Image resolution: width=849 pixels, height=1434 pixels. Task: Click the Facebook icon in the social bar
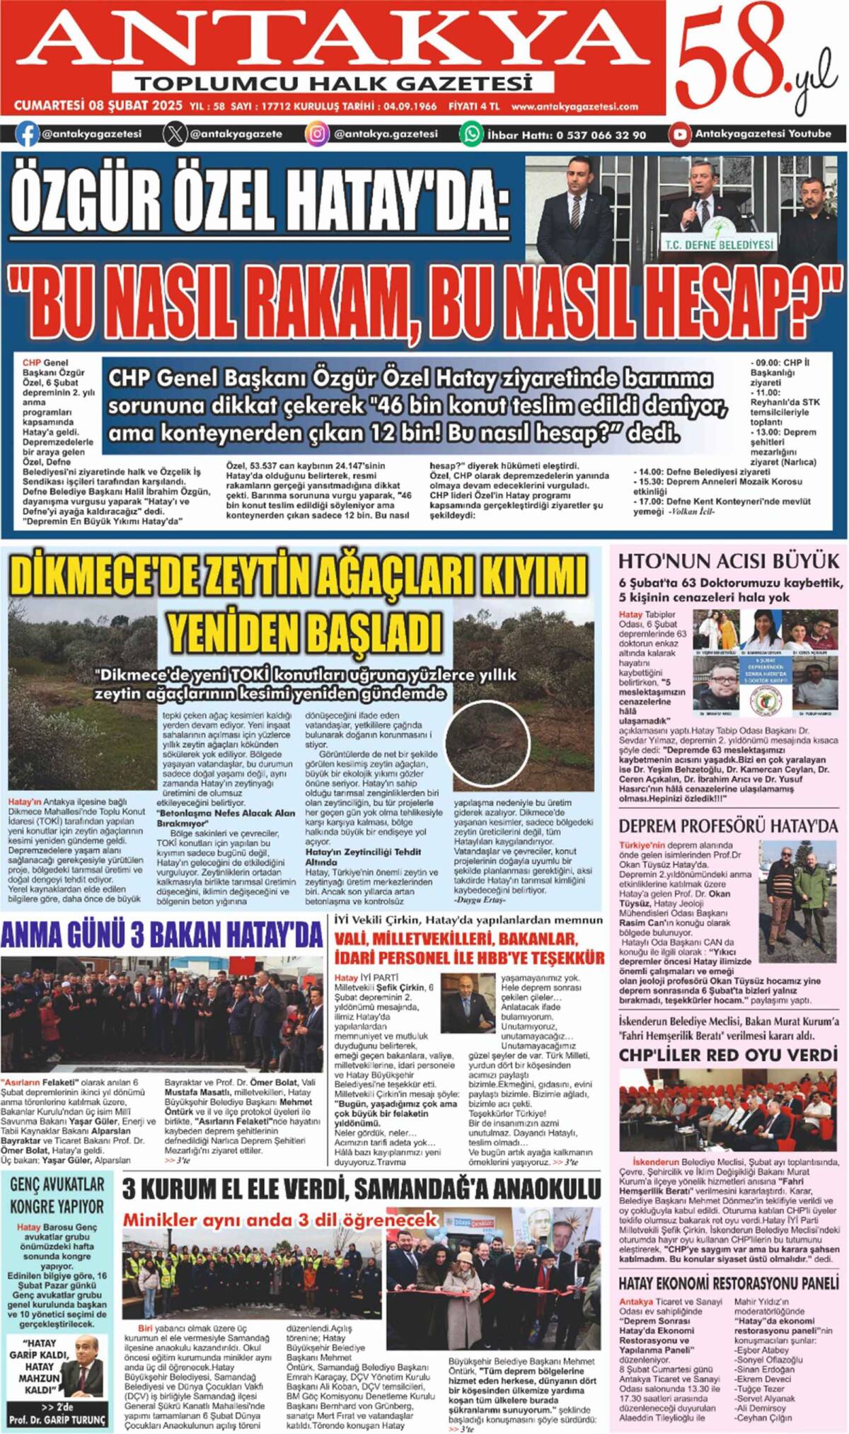click(x=28, y=134)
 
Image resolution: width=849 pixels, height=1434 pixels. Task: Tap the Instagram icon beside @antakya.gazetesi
click(x=317, y=134)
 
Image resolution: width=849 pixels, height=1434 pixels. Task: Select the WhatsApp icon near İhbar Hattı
click(x=471, y=134)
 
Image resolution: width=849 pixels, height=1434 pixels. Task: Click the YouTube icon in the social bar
click(x=680, y=134)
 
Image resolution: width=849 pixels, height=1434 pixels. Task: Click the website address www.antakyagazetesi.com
click(x=574, y=107)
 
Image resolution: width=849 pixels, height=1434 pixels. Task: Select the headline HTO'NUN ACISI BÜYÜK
click(x=728, y=561)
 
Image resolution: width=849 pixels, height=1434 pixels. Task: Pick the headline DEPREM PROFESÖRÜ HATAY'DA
click(x=728, y=826)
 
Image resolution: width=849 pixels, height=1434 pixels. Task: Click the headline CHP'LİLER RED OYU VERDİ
click(x=728, y=1055)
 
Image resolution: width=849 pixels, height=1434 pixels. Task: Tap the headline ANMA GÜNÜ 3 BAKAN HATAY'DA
click(x=162, y=935)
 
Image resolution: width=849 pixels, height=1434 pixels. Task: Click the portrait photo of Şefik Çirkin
click(x=468, y=1004)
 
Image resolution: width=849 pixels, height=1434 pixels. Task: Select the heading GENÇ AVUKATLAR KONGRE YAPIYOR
click(x=57, y=1196)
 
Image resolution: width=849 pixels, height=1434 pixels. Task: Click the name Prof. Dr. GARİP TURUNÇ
click(x=57, y=1419)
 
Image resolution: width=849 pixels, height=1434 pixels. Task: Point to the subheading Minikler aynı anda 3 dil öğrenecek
click(x=280, y=1220)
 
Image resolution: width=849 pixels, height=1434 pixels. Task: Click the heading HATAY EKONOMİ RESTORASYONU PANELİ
click(x=728, y=1283)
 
